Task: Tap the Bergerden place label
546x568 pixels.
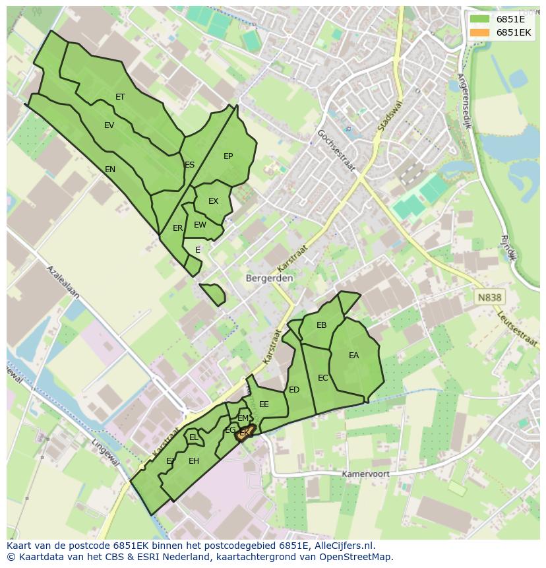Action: [269, 278]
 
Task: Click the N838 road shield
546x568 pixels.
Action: [489, 298]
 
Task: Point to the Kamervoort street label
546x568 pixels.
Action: [365, 474]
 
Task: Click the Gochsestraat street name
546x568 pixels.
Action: [336, 150]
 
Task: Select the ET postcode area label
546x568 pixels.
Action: [120, 97]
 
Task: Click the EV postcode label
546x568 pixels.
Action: [109, 125]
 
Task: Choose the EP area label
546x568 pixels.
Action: [228, 156]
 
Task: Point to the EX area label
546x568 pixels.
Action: [213, 201]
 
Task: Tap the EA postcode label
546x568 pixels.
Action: [354, 356]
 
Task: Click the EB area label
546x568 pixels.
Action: [322, 325]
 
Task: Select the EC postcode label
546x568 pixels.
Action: [323, 378]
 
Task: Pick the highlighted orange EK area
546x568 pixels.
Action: [245, 433]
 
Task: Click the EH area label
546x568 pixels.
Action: [194, 461]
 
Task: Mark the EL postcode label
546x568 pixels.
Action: [194, 437]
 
